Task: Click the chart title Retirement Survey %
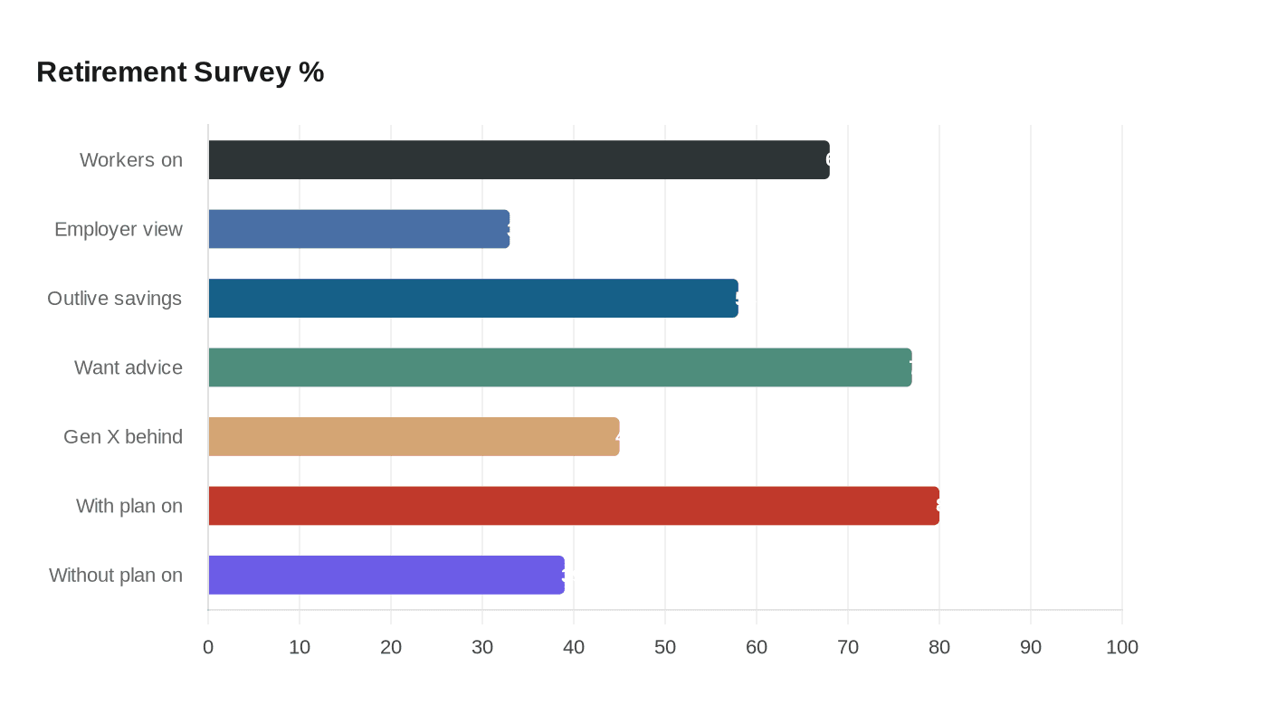[180, 71]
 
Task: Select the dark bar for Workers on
[519, 160]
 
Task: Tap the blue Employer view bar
[359, 229]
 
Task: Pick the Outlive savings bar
[473, 299]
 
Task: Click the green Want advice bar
[560, 367]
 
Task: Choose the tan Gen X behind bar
[414, 436]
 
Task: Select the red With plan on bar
[574, 506]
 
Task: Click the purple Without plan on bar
[386, 575]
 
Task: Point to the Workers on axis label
[131, 160]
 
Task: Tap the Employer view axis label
[119, 229]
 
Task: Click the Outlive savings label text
[115, 299]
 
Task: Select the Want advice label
[129, 367]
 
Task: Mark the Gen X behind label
[123, 436]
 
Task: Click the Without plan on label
[116, 575]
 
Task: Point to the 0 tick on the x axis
[208, 647]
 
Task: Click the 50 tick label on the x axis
[665, 647]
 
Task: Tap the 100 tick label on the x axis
[1122, 647]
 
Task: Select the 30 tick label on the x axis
[482, 647]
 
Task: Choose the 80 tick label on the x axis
[939, 647]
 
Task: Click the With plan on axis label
[129, 506]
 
